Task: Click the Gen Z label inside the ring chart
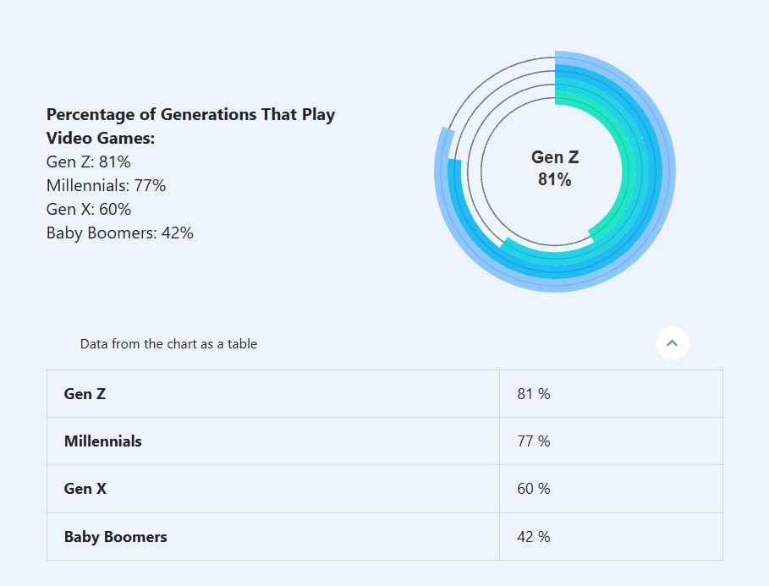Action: tap(555, 157)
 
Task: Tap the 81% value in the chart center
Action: tap(555, 179)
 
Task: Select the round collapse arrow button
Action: tap(672, 343)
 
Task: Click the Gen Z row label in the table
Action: tap(85, 394)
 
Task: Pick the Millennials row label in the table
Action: tap(102, 441)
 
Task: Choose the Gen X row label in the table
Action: tap(85, 489)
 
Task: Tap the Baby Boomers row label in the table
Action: tap(115, 537)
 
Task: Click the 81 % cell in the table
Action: tap(533, 394)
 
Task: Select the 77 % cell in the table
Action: tap(533, 441)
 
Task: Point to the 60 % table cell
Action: tap(533, 489)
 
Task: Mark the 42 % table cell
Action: tap(533, 537)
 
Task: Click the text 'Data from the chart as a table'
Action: tap(168, 344)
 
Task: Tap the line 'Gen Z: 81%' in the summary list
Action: tap(89, 162)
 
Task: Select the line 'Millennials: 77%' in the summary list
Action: tap(106, 185)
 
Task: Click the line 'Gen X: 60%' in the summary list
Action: tap(89, 209)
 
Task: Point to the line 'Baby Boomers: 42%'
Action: tap(119, 233)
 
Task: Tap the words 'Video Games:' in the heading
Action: tap(101, 138)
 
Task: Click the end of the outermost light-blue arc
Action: tap(446, 131)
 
